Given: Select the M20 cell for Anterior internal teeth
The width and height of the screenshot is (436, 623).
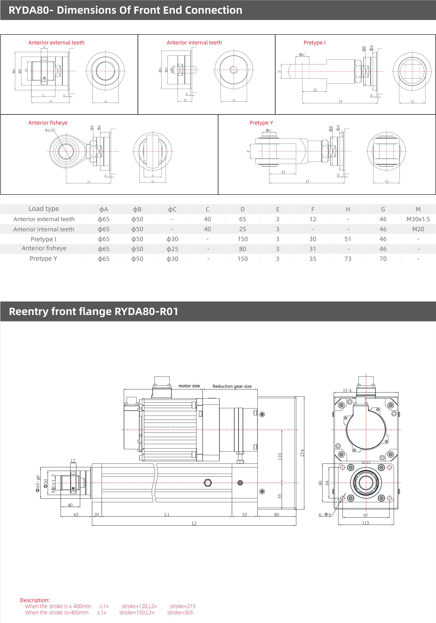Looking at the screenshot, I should click(418, 229).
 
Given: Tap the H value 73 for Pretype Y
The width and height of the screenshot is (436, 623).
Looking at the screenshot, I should click(348, 259).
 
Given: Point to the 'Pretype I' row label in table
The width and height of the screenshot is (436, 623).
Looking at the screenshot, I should click(44, 239).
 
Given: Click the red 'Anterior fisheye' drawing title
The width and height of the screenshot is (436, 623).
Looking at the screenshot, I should click(48, 123).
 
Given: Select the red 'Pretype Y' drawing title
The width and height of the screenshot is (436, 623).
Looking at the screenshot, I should click(261, 123).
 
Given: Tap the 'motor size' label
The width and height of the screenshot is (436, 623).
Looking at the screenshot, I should click(189, 386).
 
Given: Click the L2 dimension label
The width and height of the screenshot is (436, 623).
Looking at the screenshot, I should click(194, 523).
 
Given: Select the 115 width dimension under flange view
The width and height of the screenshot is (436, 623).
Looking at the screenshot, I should click(366, 523).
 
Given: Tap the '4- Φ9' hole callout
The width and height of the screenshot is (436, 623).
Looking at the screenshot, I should click(325, 515).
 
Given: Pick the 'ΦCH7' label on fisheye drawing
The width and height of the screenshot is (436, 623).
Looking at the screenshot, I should click(50, 130).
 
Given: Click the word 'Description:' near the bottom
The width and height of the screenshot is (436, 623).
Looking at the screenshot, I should click(35, 600).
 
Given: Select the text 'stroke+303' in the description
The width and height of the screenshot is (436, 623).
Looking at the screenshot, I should click(180, 612).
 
